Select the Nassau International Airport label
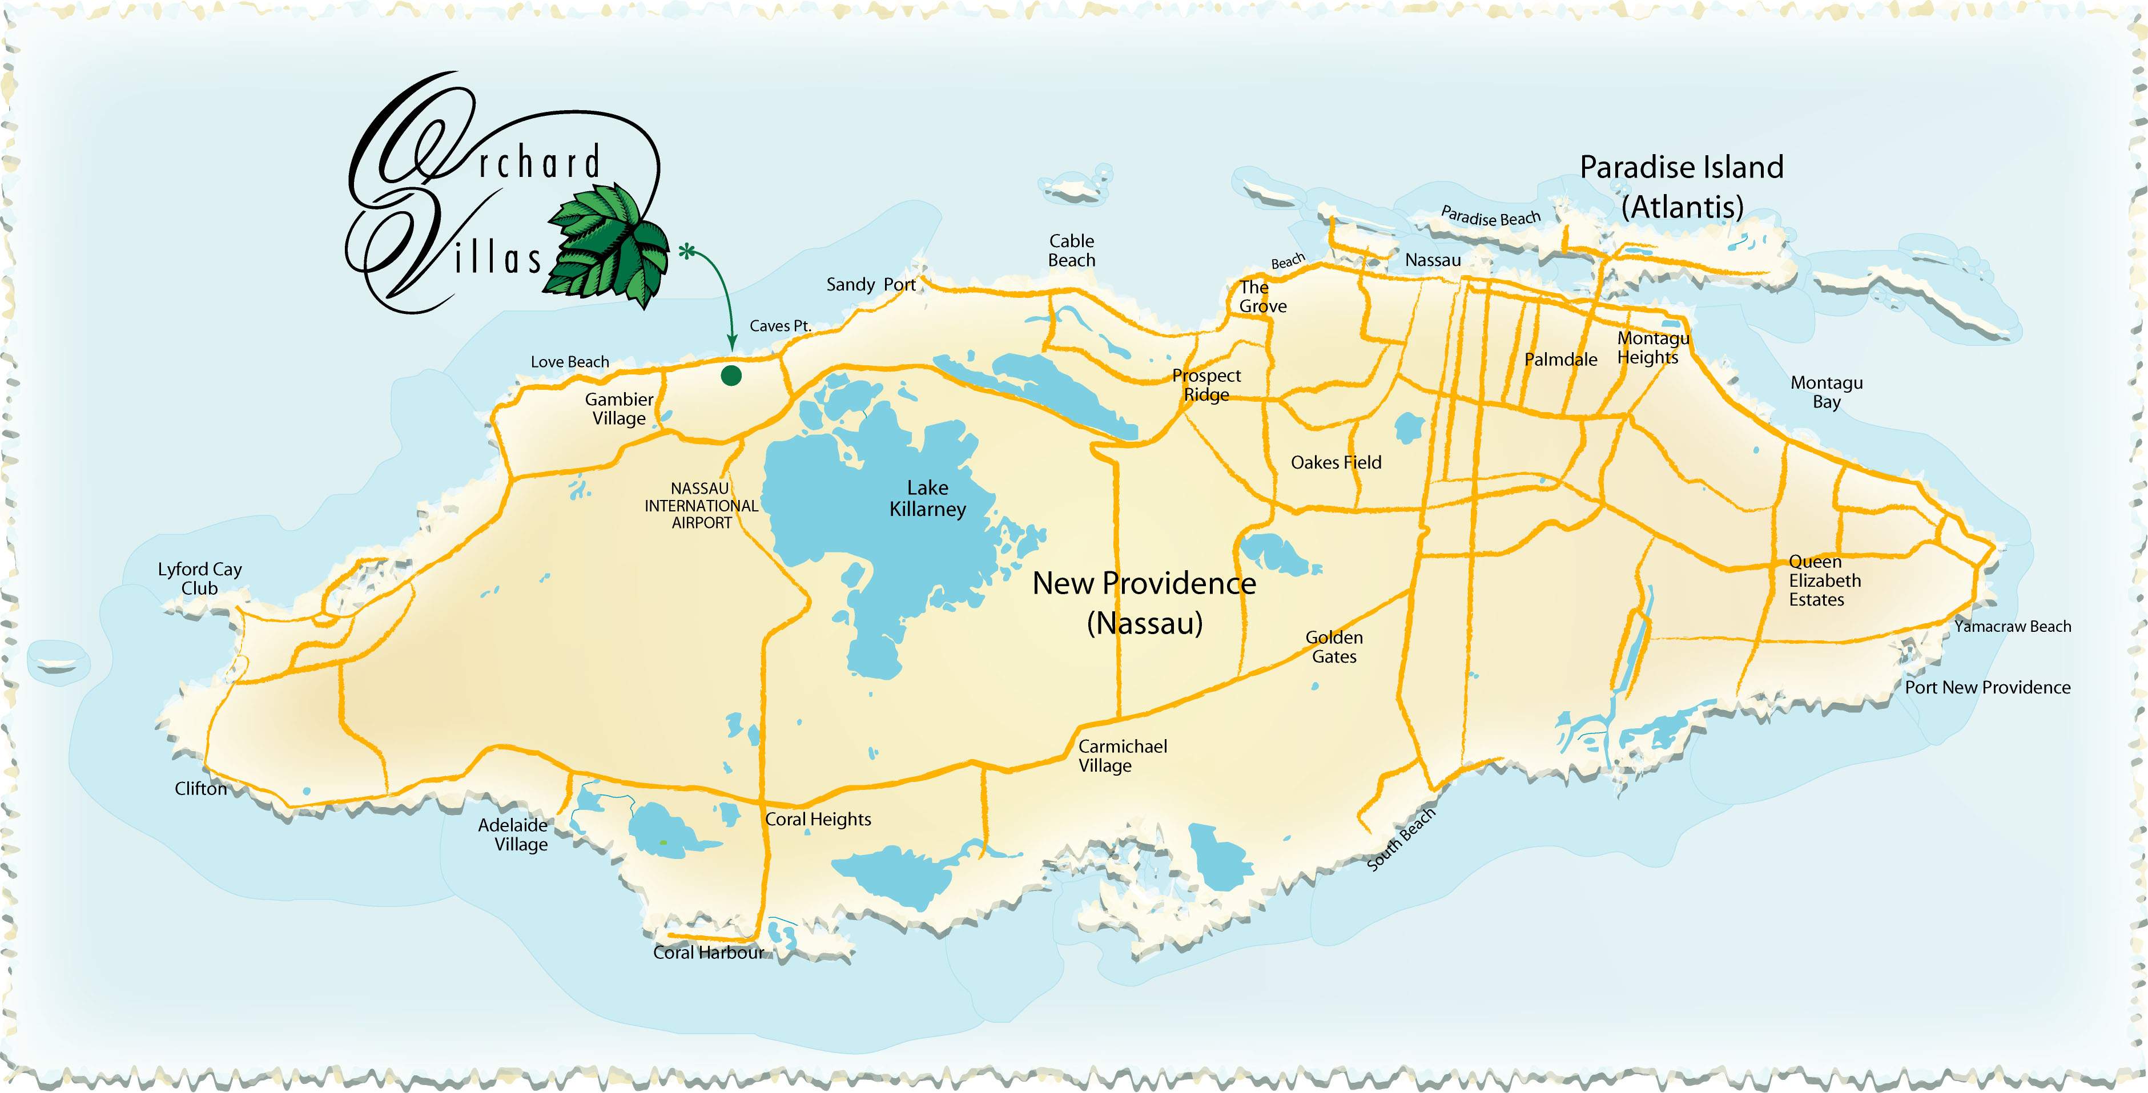click(x=701, y=505)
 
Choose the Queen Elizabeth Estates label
click(x=1824, y=581)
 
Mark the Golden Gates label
click(x=1334, y=647)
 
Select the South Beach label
click(x=1401, y=840)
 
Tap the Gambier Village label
click(x=619, y=409)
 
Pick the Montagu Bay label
click(x=1826, y=392)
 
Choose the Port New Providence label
click(x=1987, y=688)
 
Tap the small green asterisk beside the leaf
click(x=686, y=251)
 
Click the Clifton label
click(x=200, y=789)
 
